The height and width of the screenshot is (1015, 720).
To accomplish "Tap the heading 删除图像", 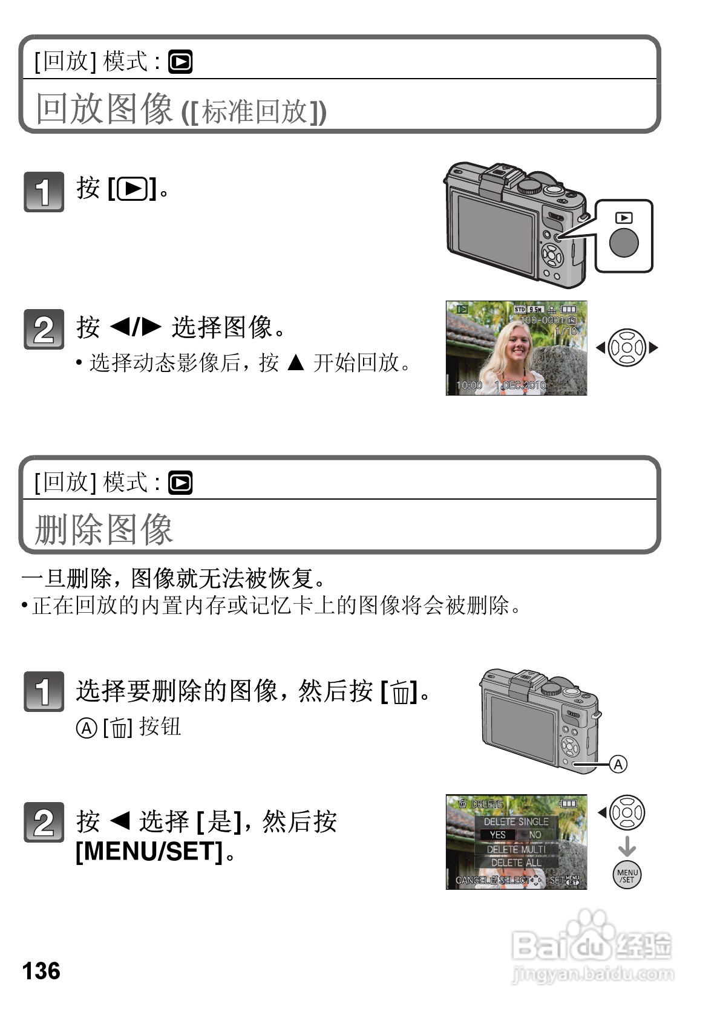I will pyautogui.click(x=104, y=529).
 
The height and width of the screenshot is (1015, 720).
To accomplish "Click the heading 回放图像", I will pyautogui.click(x=104, y=109).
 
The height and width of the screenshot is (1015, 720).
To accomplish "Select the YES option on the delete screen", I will pyautogui.click(x=497, y=835).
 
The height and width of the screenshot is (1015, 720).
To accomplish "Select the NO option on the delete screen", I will pyautogui.click(x=535, y=835).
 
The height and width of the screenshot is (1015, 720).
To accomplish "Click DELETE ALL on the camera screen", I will pyautogui.click(x=515, y=863).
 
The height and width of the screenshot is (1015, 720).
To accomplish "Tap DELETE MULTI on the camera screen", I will pyautogui.click(x=515, y=849).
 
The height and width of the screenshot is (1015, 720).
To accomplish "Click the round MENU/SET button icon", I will pyautogui.click(x=627, y=875).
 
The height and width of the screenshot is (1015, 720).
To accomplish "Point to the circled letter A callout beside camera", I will pyautogui.click(x=618, y=765).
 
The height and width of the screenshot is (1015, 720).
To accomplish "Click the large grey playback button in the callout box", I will pyautogui.click(x=624, y=243).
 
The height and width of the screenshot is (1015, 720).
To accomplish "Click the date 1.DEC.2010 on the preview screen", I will pyautogui.click(x=520, y=385).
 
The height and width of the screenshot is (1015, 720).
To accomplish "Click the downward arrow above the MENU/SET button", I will pyautogui.click(x=627, y=845).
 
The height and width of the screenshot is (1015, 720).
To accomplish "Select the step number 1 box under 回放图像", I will pyautogui.click(x=44, y=192).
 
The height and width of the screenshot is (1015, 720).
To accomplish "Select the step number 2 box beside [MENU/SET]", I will pyautogui.click(x=44, y=822).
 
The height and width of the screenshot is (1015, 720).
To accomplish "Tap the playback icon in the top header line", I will pyautogui.click(x=180, y=62).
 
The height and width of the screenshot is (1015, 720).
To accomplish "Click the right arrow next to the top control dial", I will pyautogui.click(x=653, y=348).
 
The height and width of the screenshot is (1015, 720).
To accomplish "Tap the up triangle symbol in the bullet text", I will pyautogui.click(x=296, y=363).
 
